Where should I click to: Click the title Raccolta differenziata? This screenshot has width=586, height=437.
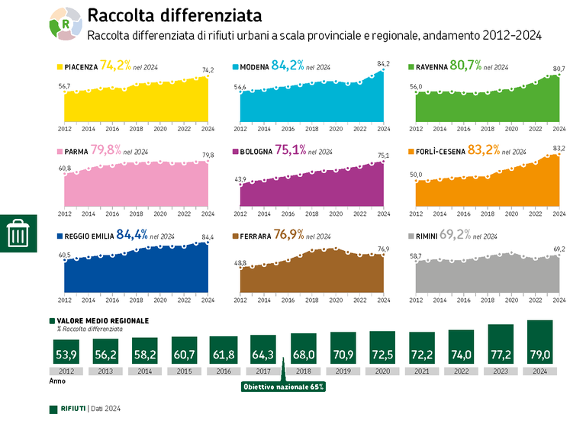[175, 16]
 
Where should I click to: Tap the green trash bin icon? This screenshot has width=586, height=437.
[18, 233]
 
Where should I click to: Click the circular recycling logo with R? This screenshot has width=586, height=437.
[66, 24]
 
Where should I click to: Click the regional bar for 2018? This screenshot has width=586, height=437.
[303, 350]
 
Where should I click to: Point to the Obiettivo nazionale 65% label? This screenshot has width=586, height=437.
[283, 387]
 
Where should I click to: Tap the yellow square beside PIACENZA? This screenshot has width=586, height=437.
[60, 67]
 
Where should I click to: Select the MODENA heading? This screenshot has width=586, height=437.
[254, 67]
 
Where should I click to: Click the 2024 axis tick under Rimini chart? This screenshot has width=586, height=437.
[559, 300]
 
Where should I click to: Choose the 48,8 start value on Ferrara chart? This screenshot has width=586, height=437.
[240, 263]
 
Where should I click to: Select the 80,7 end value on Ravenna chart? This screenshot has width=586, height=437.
[559, 69]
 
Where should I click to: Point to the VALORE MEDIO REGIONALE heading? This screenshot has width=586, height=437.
[102, 321]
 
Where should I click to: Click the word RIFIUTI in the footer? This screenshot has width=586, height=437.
[72, 409]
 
